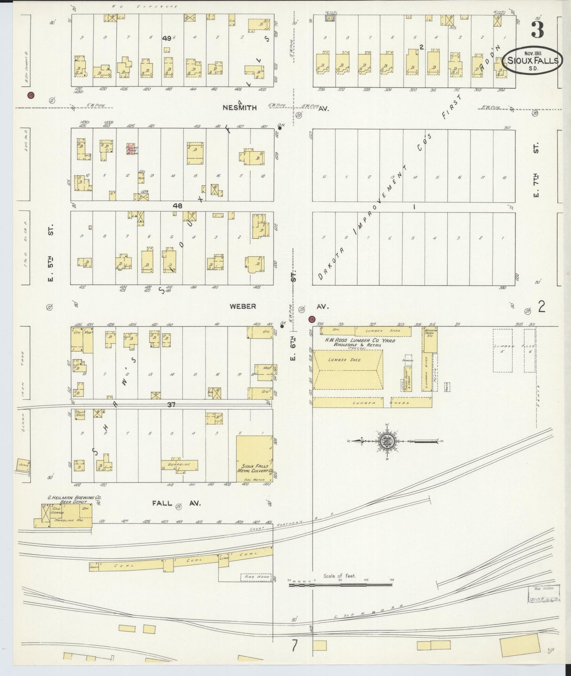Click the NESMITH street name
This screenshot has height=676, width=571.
(245, 108)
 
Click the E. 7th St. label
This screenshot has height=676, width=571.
(536, 171)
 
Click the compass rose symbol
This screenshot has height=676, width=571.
(386, 440)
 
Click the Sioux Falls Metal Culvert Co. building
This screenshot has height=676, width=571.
(254, 459)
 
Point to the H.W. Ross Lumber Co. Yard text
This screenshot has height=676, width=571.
(360, 341)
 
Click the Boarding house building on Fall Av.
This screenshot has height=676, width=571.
(179, 465)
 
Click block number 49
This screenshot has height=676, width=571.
(166, 38)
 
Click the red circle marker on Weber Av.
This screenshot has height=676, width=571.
(311, 319)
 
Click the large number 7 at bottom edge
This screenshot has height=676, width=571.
(294, 645)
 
